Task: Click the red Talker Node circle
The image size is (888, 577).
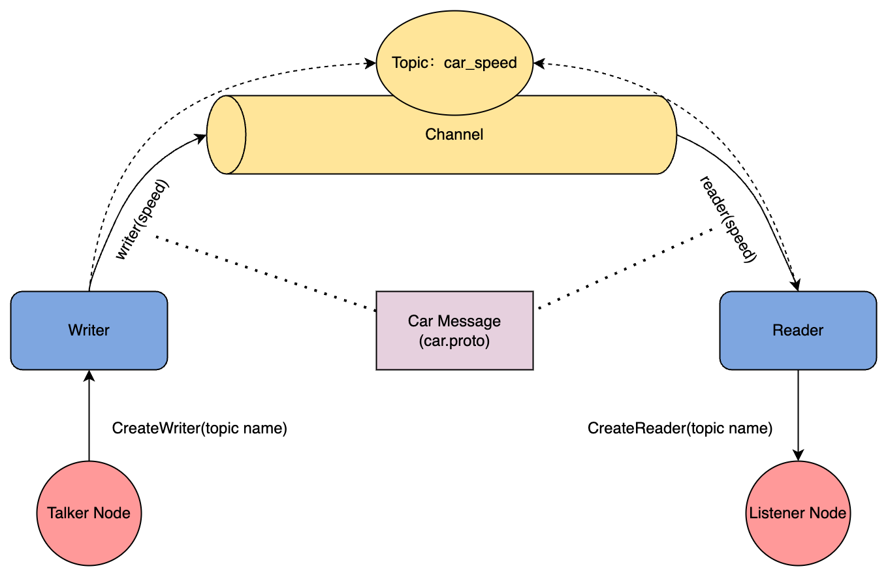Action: click(x=89, y=513)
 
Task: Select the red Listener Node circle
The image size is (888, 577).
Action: click(x=798, y=513)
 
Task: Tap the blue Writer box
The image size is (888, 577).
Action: click(x=89, y=330)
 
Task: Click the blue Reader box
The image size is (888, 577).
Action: click(x=798, y=330)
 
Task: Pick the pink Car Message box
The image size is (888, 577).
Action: click(x=454, y=330)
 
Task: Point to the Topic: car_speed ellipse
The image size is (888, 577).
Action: click(x=454, y=63)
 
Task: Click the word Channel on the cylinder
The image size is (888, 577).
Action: click(x=454, y=134)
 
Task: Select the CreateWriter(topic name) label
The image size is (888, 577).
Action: click(x=200, y=429)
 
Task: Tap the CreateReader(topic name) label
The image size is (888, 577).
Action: click(x=680, y=429)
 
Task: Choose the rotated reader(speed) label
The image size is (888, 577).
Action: click(x=728, y=219)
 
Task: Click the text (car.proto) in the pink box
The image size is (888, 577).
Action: click(x=454, y=341)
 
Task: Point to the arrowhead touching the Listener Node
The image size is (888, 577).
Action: click(x=798, y=455)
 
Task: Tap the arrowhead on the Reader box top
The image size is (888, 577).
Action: click(x=796, y=286)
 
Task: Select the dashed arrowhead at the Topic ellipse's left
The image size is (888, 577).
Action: click(x=370, y=63)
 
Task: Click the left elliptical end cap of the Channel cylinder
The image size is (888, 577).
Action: click(x=226, y=134)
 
